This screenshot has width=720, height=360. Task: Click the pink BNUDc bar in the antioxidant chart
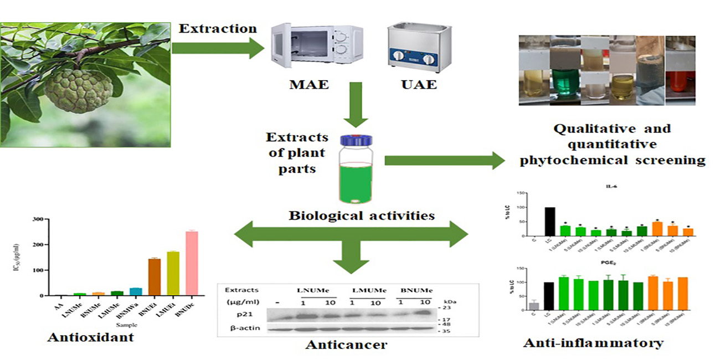click(x=192, y=263)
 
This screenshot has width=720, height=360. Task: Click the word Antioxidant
click(x=91, y=337)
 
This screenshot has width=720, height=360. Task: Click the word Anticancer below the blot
click(x=346, y=345)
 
